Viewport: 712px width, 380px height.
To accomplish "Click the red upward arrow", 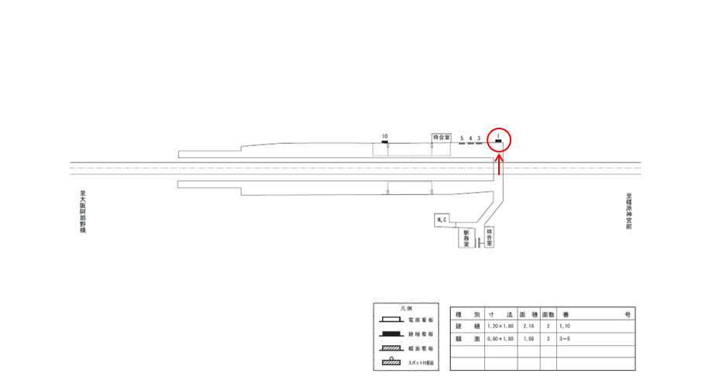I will (500, 165).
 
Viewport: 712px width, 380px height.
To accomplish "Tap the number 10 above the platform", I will (384, 136).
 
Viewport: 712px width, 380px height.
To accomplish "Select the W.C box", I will (443, 221).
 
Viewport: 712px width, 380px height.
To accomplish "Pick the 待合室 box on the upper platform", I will (441, 137).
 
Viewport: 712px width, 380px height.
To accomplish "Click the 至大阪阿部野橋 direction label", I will (82, 214).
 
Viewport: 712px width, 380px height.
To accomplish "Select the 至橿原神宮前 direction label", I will (629, 213).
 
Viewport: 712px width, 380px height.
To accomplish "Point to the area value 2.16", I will (528, 327).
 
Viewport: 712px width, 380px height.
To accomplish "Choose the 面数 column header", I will (548, 315).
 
